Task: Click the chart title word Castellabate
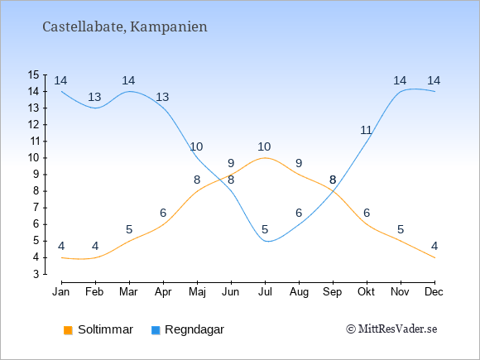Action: click(x=84, y=27)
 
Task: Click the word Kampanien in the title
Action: click(x=169, y=27)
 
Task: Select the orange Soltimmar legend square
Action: click(x=68, y=330)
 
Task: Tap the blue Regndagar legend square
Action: click(x=156, y=330)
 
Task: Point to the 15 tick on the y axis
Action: click(x=33, y=74)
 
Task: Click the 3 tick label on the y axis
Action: click(x=36, y=274)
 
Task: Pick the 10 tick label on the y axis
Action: click(x=33, y=158)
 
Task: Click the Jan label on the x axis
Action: click(x=61, y=292)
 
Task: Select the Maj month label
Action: click(x=197, y=292)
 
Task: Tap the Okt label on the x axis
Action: click(x=366, y=292)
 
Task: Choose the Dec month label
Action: click(x=434, y=292)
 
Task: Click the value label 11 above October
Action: click(x=366, y=131)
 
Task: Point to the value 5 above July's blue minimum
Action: click(x=265, y=229)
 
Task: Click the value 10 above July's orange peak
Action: click(x=264, y=147)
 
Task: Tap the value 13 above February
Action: click(x=94, y=98)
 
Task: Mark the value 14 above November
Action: click(x=400, y=81)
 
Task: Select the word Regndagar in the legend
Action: click(x=194, y=330)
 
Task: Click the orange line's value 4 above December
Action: click(x=434, y=246)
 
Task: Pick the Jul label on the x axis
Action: click(x=265, y=292)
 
